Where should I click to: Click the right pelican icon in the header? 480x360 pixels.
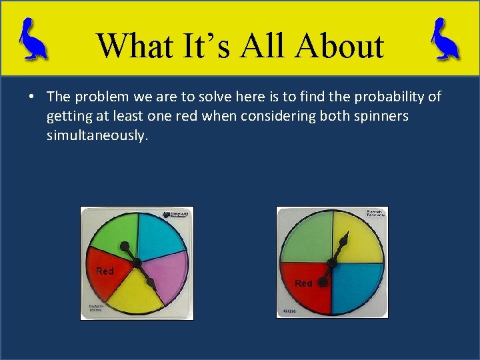point(445,39)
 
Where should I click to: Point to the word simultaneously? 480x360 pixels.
point(95,135)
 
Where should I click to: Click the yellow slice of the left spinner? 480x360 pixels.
point(137,297)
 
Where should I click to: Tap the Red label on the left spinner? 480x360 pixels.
point(105,271)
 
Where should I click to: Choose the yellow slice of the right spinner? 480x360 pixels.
point(360,237)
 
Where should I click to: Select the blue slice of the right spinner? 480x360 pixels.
point(357,287)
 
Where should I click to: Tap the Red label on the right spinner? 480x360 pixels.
point(303,283)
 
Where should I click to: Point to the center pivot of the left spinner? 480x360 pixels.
point(137,262)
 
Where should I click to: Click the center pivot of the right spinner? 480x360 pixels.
point(332,262)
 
